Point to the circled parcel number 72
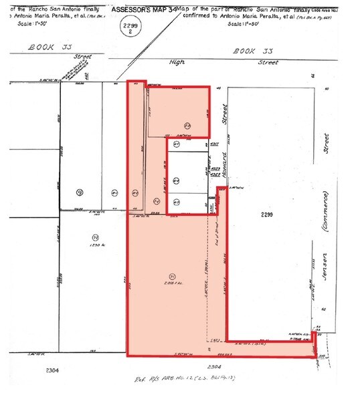coord(95,237)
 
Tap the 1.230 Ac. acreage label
coord(95,249)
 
